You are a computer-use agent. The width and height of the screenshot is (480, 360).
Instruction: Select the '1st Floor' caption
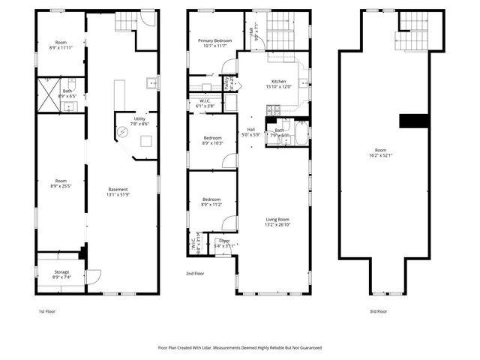pyautogui.click(x=46, y=310)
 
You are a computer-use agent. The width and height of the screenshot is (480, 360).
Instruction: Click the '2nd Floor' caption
pyautogui.click(x=196, y=273)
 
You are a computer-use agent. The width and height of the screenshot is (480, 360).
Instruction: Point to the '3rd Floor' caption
pyautogui.click(x=378, y=310)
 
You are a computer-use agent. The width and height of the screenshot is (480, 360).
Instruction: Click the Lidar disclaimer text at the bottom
pyautogui.click(x=239, y=348)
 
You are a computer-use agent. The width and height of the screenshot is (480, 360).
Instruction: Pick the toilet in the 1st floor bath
pyautogui.click(x=72, y=82)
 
